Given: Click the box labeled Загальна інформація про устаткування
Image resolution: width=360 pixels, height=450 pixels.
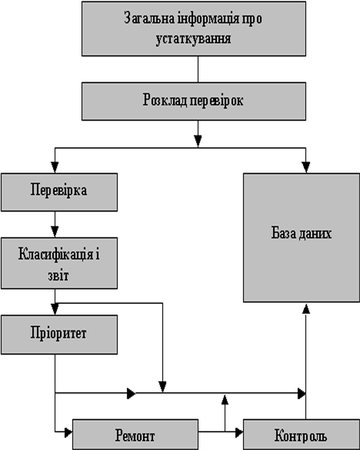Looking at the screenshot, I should (194, 29).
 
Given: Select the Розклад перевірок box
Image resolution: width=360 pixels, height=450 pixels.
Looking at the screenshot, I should (194, 101).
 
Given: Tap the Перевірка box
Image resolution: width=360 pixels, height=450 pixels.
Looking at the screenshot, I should (59, 192).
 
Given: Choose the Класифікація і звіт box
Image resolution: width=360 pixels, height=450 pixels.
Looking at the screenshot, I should (59, 263).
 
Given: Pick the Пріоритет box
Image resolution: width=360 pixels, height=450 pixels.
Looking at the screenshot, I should (59, 334).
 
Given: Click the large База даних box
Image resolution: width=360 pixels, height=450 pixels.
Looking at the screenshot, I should (301, 237).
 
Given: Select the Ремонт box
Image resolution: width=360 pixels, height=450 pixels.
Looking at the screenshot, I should (135, 434).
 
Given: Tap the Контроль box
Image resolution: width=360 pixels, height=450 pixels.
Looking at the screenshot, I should (301, 434).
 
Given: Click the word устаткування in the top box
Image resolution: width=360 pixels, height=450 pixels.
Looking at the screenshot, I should (193, 39).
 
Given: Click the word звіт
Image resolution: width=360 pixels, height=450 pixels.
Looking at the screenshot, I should (59, 275).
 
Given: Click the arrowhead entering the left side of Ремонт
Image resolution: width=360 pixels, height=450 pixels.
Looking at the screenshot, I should (69, 432).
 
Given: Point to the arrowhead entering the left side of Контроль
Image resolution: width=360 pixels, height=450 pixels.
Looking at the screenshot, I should (239, 432).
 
